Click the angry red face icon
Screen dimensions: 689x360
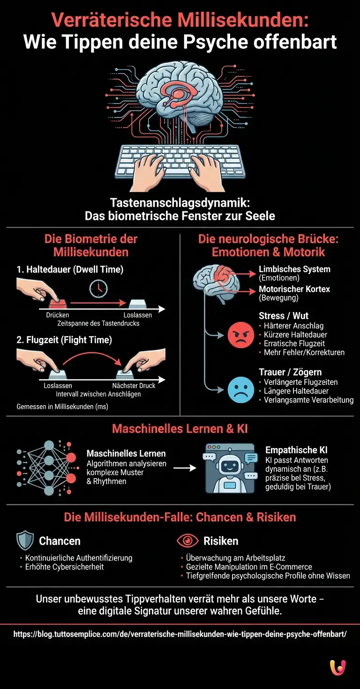tap(240, 336)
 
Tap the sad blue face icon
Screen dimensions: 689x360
tap(240, 390)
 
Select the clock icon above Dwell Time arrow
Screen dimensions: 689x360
tap(98, 289)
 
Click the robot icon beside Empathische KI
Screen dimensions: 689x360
tap(230, 468)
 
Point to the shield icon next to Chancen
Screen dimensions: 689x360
tap(25, 541)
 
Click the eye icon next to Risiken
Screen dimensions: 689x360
tap(187, 541)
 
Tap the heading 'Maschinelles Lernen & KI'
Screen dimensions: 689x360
tap(180, 428)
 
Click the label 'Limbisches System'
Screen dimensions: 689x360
tap(294, 270)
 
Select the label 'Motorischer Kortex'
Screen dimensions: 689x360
tap(294, 289)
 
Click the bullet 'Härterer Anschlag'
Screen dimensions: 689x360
tap(293, 326)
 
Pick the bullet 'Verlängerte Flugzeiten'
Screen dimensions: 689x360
tap(300, 382)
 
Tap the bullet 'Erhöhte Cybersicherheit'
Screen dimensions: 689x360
tap(64, 567)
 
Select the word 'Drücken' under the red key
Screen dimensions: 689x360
tap(58, 315)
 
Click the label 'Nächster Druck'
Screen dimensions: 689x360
tap(134, 386)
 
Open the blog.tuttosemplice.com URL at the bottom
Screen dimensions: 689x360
tap(180, 634)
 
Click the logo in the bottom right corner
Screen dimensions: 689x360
tap(337, 667)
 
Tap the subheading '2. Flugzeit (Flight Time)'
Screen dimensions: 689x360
tap(64, 340)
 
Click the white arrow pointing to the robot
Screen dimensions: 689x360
tap(185, 467)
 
